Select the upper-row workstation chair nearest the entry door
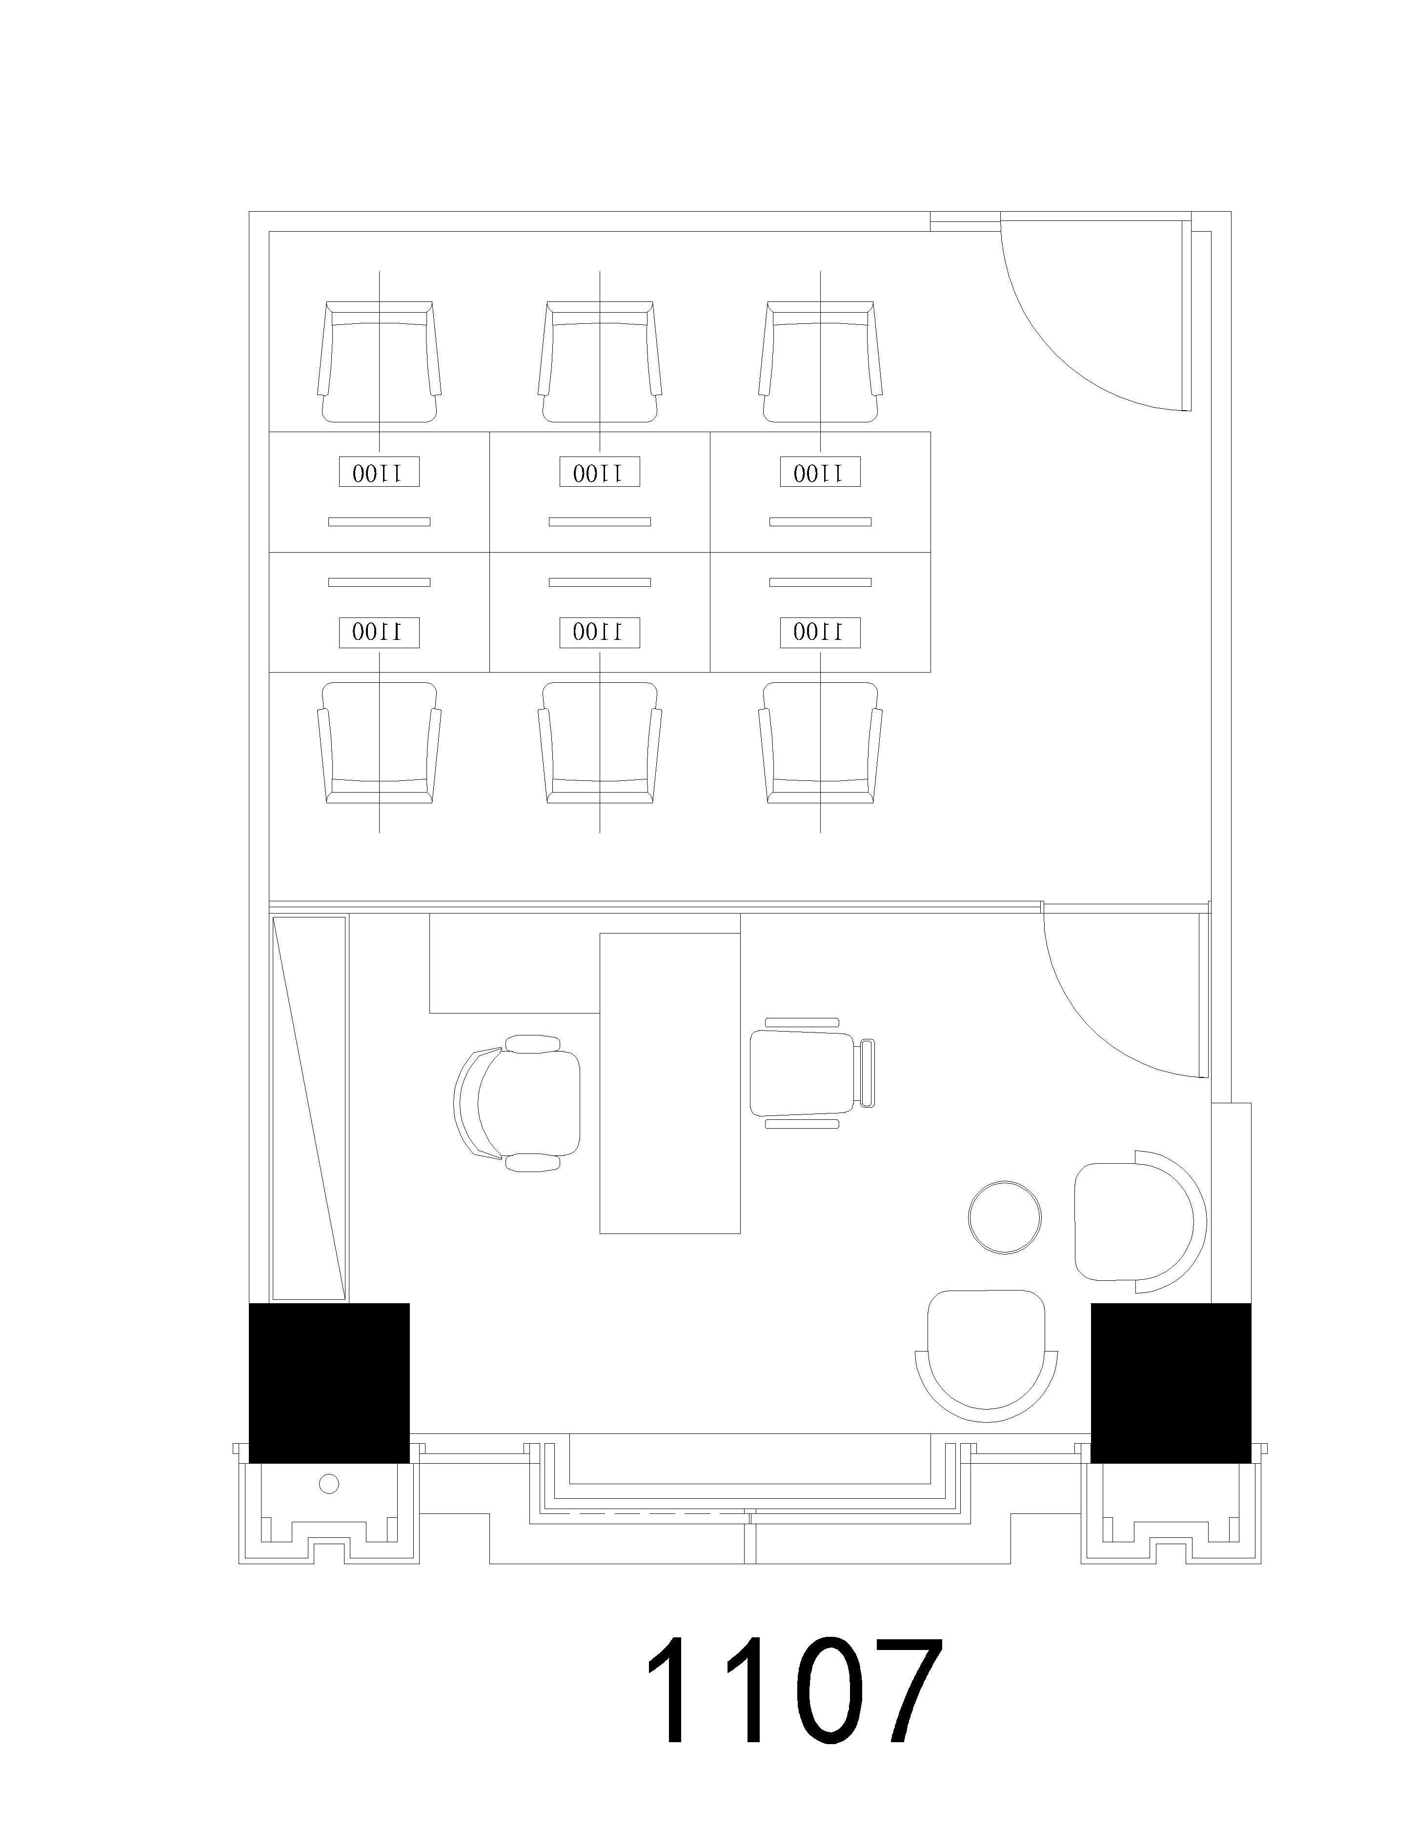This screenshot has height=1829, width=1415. click(820, 362)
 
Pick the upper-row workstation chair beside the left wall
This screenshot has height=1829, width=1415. click(380, 362)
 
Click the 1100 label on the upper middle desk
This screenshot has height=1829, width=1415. click(600, 472)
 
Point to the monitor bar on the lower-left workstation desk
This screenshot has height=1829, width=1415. click(380, 582)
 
